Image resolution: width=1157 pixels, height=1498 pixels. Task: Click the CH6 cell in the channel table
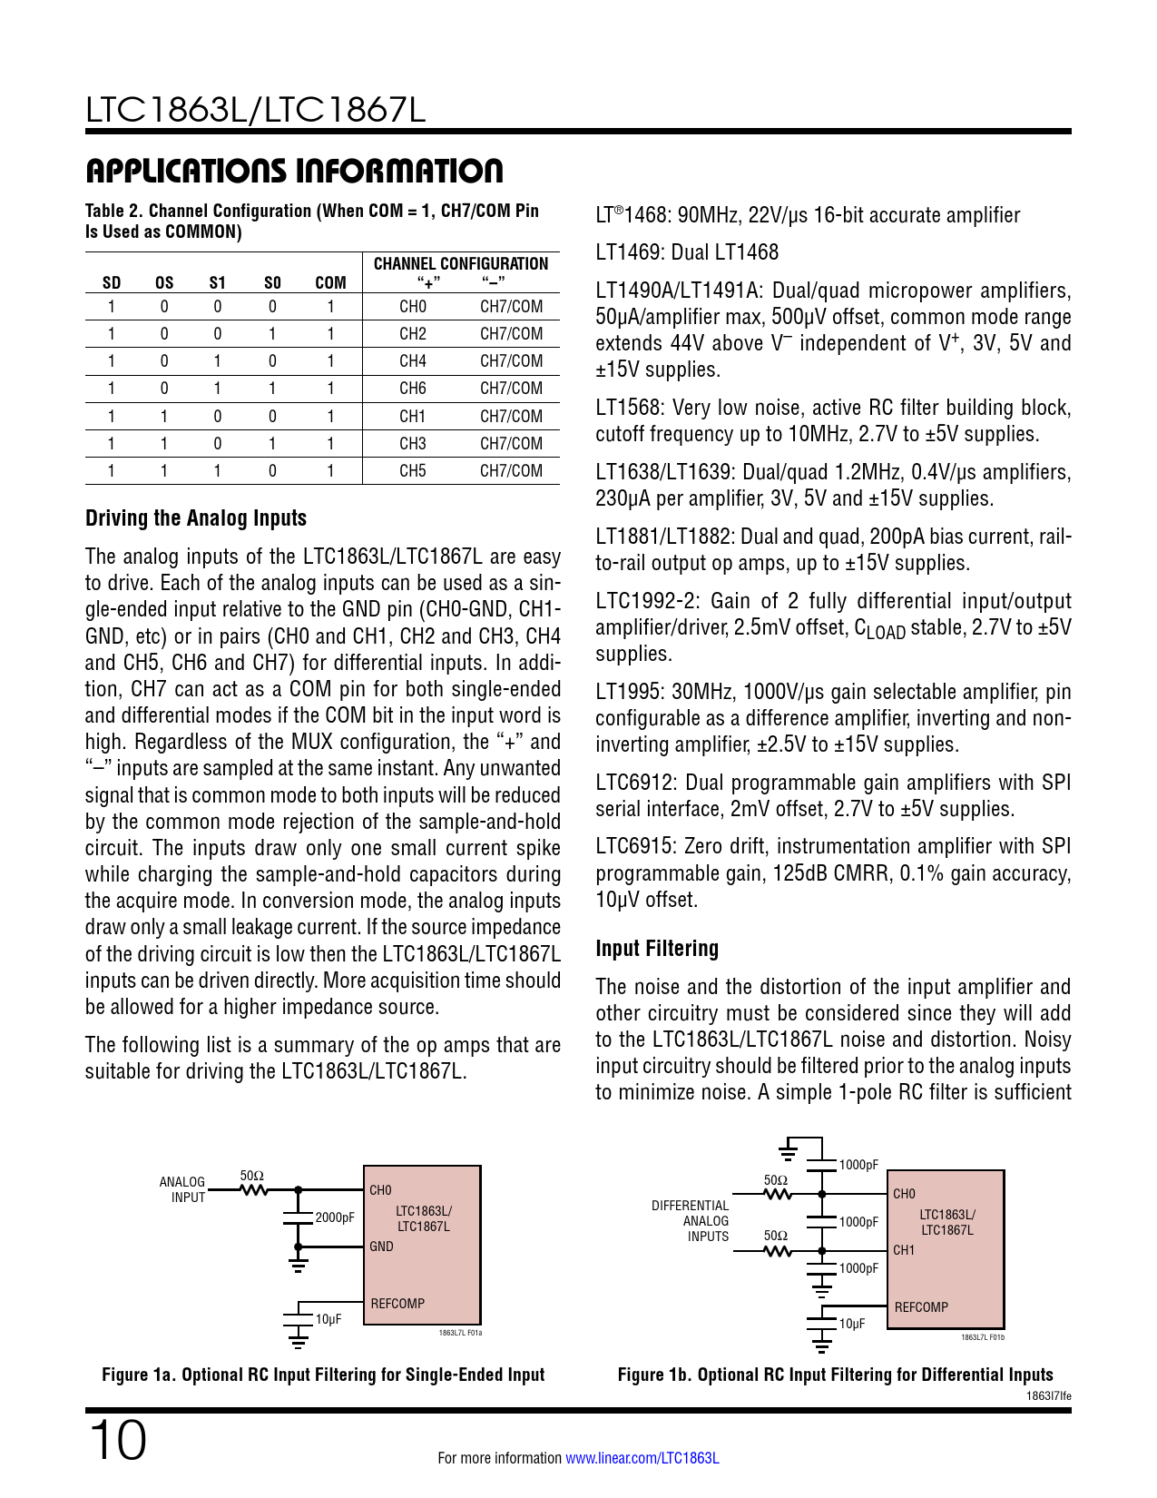[412, 389]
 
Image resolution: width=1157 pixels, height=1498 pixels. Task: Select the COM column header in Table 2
[330, 283]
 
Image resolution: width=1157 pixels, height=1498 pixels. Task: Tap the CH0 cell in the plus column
[412, 307]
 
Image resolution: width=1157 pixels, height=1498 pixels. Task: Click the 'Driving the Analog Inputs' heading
[196, 518]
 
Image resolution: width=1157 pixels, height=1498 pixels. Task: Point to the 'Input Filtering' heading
[657, 949]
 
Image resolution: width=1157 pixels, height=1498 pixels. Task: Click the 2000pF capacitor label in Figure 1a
[335, 1217]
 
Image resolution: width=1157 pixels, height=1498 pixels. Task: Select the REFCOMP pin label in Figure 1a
[397, 1304]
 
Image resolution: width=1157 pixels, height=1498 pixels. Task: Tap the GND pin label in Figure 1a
[381, 1247]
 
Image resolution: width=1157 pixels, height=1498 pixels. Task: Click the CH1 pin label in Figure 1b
[904, 1250]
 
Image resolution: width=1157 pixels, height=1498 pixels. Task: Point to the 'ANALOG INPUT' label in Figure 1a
[182, 1189]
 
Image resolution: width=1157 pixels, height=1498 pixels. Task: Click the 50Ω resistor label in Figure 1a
[252, 1176]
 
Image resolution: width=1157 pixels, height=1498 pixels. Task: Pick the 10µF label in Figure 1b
[852, 1324]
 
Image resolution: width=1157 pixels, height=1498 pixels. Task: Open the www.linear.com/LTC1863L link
[642, 1458]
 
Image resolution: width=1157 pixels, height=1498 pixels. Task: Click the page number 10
[117, 1441]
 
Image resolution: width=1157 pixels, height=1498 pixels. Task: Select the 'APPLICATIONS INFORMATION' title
[294, 171]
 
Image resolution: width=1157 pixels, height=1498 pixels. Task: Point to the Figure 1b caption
[835, 1375]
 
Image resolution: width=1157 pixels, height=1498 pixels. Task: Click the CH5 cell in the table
[412, 471]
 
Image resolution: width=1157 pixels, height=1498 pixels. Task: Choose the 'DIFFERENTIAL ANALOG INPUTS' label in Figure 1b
[691, 1221]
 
